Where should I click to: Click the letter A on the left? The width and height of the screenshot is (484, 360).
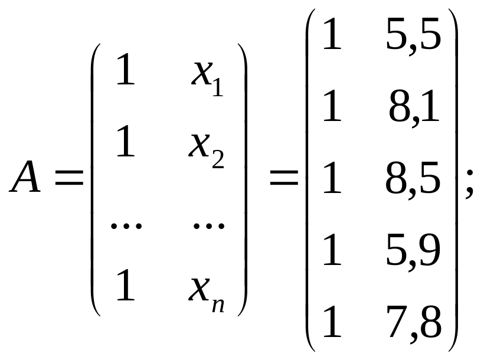pos(25,176)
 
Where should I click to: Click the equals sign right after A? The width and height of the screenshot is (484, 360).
pos(69,178)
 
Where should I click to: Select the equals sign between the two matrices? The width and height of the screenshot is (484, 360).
pos(284,178)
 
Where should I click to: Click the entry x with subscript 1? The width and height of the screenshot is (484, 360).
pos(207,78)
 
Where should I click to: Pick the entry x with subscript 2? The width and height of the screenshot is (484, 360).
pos(206,151)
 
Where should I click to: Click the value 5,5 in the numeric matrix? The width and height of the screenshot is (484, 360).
pos(414,35)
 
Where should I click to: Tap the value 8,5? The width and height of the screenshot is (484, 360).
pos(413,179)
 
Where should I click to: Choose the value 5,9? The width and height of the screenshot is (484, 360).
pos(413,251)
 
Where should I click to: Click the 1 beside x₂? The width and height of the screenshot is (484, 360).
pos(126,141)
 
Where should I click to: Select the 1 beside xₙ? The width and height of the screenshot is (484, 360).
pos(126,284)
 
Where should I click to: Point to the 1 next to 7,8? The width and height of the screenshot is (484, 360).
pos(332,321)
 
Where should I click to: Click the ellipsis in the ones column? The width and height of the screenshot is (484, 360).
pos(126,225)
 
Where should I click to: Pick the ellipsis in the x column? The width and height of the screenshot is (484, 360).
pos(209,225)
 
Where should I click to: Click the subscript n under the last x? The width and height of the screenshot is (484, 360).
pos(218,306)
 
